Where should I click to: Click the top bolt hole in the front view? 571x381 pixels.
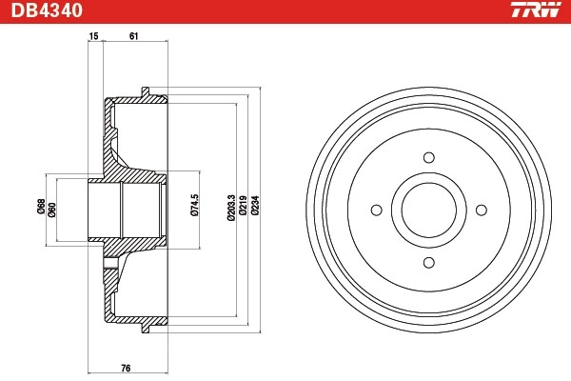click(x=428, y=158)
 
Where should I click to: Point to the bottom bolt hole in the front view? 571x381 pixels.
click(x=428, y=262)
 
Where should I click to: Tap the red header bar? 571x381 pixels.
click(x=285, y=11)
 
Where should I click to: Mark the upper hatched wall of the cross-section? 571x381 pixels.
click(x=119, y=143)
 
